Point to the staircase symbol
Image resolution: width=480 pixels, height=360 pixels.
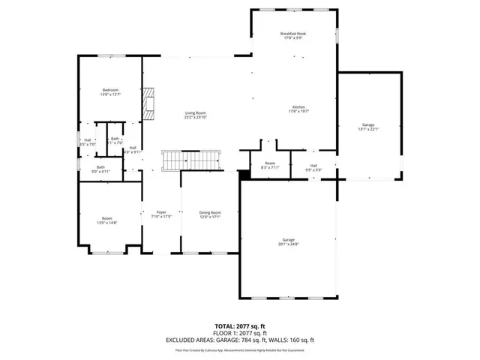click(x=192, y=160)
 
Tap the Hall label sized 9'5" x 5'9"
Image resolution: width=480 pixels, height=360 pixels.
click(x=314, y=166)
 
